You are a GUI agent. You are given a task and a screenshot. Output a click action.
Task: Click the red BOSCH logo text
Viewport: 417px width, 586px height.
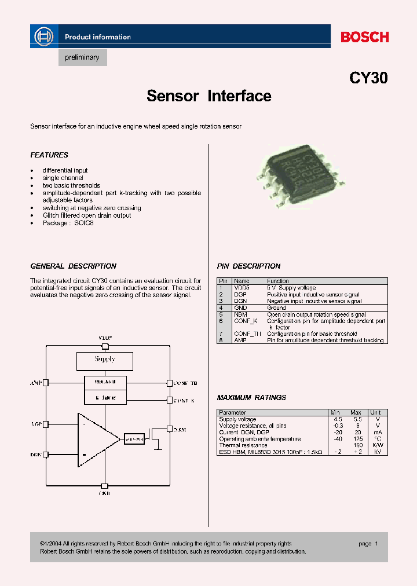(x=364, y=37)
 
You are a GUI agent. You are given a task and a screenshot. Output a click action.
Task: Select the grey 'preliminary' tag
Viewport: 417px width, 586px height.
(x=82, y=58)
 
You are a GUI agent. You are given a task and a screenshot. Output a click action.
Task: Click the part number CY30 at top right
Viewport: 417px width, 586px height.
(x=368, y=78)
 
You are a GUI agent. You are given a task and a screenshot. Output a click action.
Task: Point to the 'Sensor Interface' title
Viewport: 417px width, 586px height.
(x=209, y=96)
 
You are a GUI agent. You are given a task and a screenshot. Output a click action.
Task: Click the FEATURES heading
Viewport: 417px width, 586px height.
(x=49, y=155)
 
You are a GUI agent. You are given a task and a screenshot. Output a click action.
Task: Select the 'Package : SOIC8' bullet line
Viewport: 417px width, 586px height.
(x=68, y=223)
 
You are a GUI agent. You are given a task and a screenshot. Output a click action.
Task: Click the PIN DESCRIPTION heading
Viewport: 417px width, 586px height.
(x=248, y=266)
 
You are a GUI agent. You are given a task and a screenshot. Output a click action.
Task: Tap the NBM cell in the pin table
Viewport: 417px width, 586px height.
(x=241, y=314)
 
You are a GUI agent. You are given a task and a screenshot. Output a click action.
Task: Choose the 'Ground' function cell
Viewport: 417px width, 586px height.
(x=276, y=308)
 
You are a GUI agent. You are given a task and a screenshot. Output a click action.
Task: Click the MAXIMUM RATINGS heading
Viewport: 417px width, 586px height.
(x=251, y=398)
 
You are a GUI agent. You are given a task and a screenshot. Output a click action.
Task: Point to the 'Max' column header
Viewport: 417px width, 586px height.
(x=356, y=413)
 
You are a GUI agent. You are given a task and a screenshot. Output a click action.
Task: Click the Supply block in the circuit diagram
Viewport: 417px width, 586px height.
(x=105, y=360)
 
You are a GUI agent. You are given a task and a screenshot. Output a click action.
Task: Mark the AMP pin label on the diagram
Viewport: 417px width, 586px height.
(x=36, y=383)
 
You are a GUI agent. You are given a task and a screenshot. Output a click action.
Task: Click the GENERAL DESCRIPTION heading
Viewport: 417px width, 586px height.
(x=74, y=266)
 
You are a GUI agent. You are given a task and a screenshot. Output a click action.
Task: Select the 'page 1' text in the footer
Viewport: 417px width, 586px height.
(x=368, y=544)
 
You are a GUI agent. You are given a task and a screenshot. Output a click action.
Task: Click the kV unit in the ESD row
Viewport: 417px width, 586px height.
(x=378, y=452)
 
